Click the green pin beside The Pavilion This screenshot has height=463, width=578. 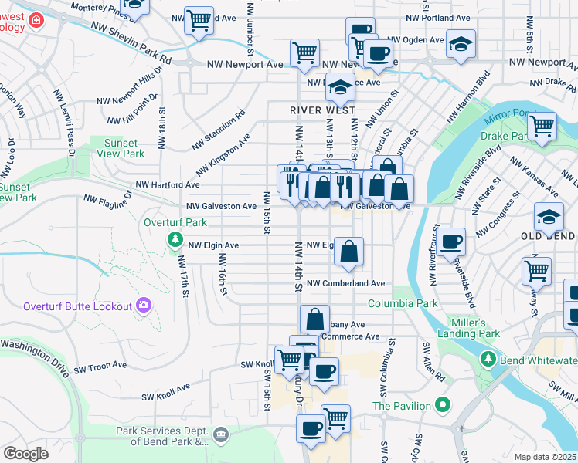442,404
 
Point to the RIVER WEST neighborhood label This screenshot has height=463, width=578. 323,110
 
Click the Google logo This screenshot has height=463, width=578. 25,453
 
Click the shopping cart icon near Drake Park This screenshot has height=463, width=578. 542,125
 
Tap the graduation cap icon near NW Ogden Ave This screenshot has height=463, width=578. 461,45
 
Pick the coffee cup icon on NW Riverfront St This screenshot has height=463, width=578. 451,241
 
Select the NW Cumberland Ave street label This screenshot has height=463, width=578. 345,284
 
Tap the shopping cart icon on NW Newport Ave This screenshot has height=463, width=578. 304,52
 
